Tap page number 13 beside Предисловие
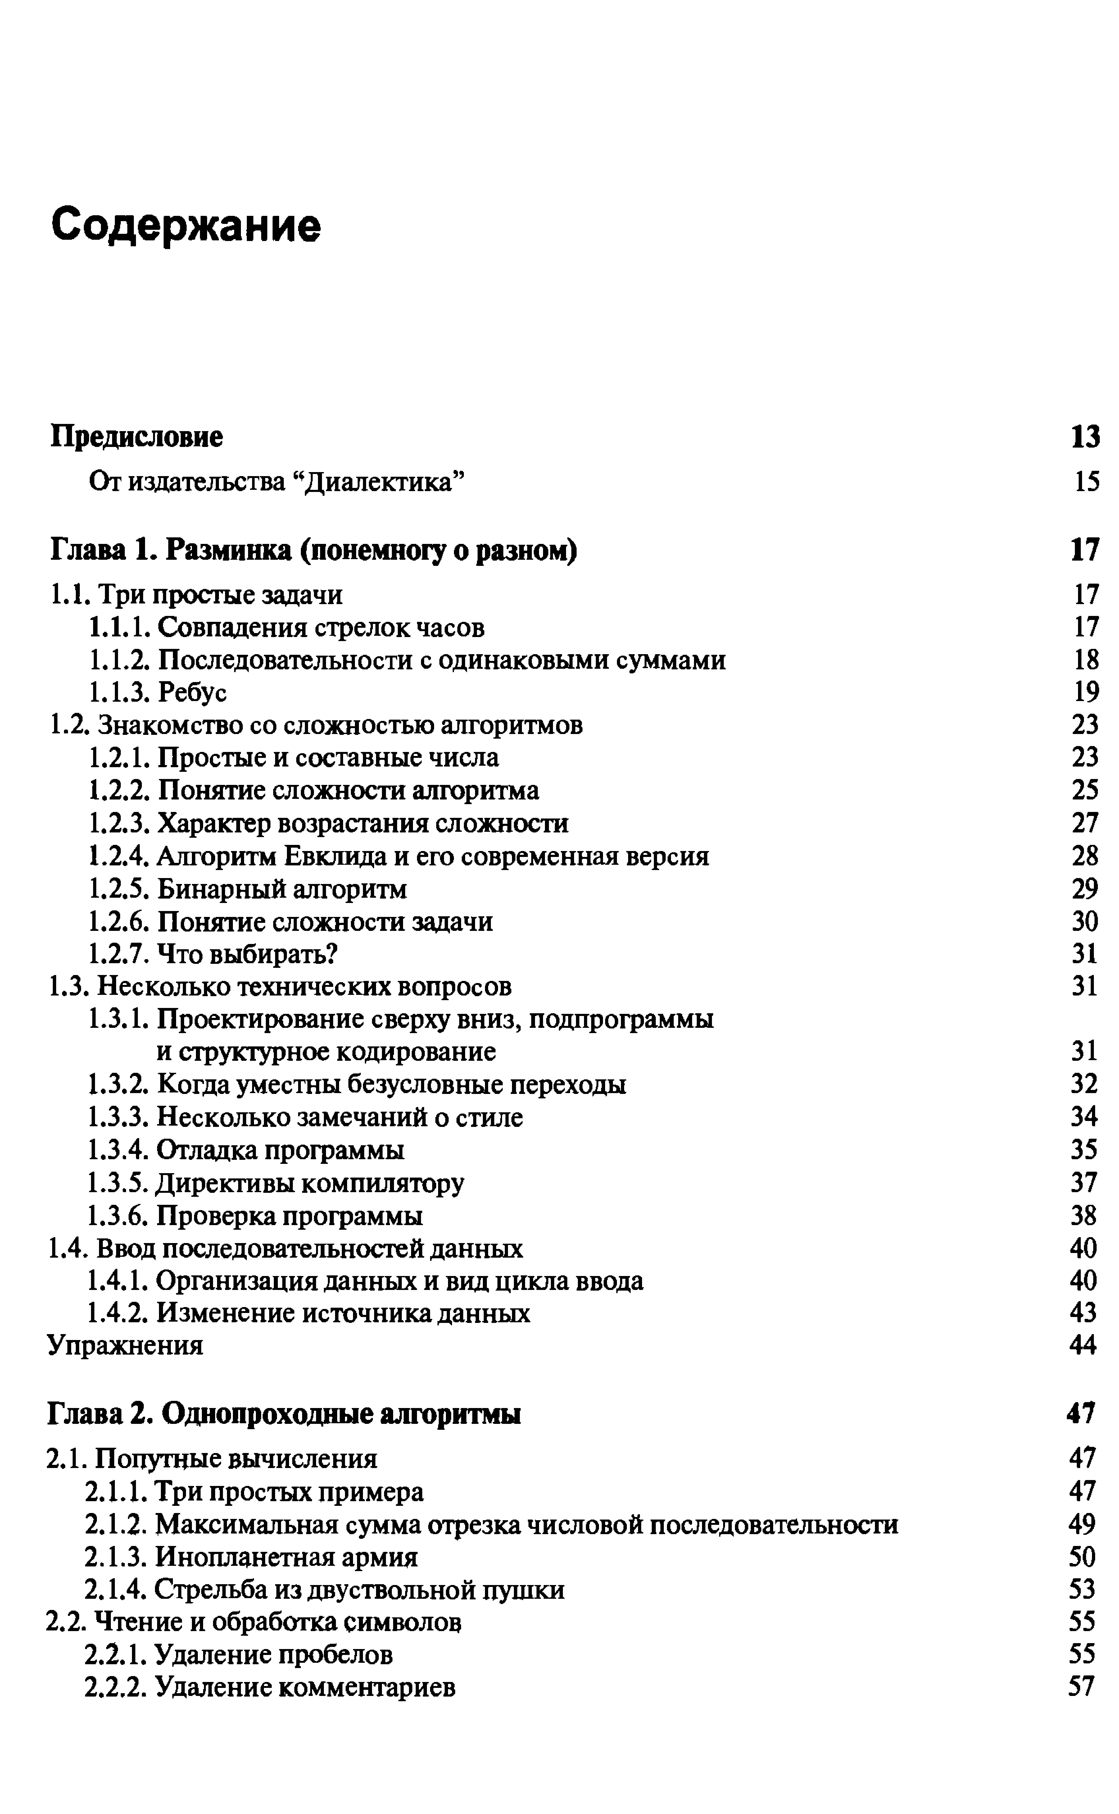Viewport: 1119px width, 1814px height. tap(1085, 437)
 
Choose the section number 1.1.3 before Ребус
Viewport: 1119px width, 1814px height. tap(120, 692)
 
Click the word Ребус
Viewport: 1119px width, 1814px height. tap(192, 692)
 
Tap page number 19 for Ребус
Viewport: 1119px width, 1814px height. tap(1086, 692)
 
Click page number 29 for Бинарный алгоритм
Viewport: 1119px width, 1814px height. tap(1085, 889)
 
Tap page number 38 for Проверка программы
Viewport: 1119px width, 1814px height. tap(1084, 1216)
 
